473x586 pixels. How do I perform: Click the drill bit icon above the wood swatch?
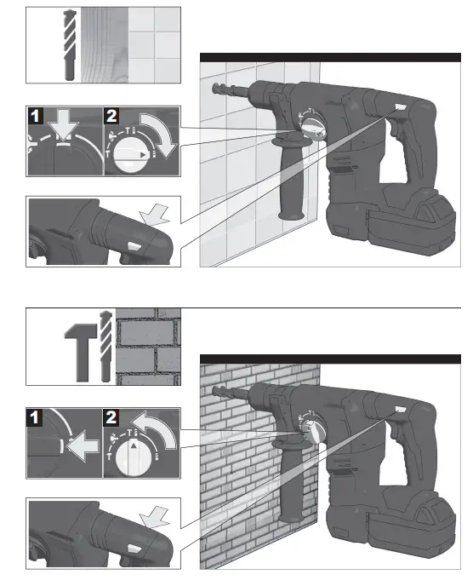[68, 44]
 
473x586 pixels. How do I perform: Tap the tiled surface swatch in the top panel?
[155, 44]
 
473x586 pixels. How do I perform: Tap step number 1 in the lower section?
[35, 417]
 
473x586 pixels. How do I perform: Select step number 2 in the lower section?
[111, 417]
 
